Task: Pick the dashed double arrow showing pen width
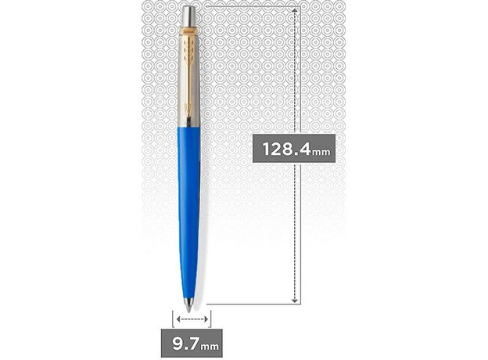click(192, 319)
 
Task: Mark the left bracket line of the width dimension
click(173, 317)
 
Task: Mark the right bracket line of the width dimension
click(211, 317)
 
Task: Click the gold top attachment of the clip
click(190, 35)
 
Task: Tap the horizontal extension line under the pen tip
click(250, 303)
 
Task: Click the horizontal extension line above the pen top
click(250, 4)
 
